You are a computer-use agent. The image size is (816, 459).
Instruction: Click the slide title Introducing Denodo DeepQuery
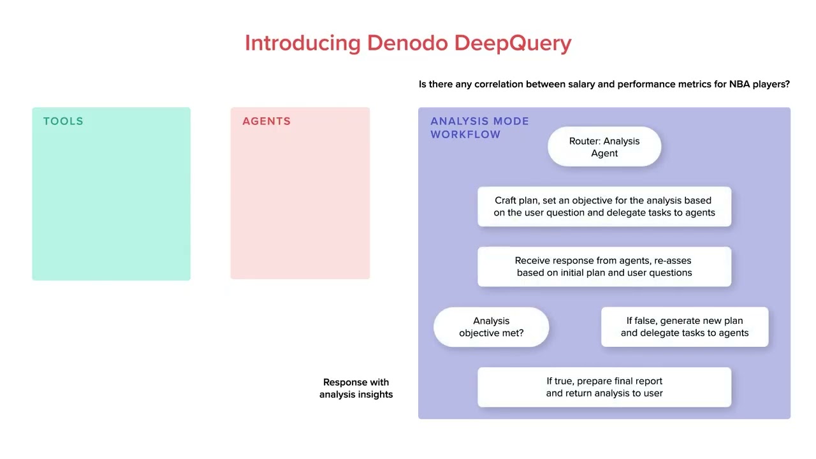[408, 43]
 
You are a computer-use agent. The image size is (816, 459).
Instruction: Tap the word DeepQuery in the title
[513, 43]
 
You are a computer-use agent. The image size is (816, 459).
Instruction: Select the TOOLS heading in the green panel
[63, 121]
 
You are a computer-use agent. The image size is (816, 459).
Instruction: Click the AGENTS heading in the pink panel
[266, 121]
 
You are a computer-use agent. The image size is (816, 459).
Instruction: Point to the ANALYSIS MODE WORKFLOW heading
[479, 127]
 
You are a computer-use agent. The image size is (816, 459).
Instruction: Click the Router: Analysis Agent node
[604, 147]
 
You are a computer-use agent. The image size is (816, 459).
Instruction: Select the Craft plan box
[604, 207]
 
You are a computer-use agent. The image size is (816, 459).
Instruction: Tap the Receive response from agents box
[604, 266]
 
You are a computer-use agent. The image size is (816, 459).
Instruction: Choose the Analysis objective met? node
[491, 327]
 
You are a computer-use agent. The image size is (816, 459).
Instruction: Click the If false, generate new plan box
[685, 327]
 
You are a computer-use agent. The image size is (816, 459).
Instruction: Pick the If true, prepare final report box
[604, 387]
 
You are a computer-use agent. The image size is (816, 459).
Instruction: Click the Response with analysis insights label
[356, 388]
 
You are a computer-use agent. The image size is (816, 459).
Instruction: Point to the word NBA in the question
[741, 84]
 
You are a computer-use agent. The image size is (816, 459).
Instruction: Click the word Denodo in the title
[408, 43]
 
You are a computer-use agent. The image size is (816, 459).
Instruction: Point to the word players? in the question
[773, 84]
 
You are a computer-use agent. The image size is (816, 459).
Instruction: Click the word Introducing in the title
[303, 43]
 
